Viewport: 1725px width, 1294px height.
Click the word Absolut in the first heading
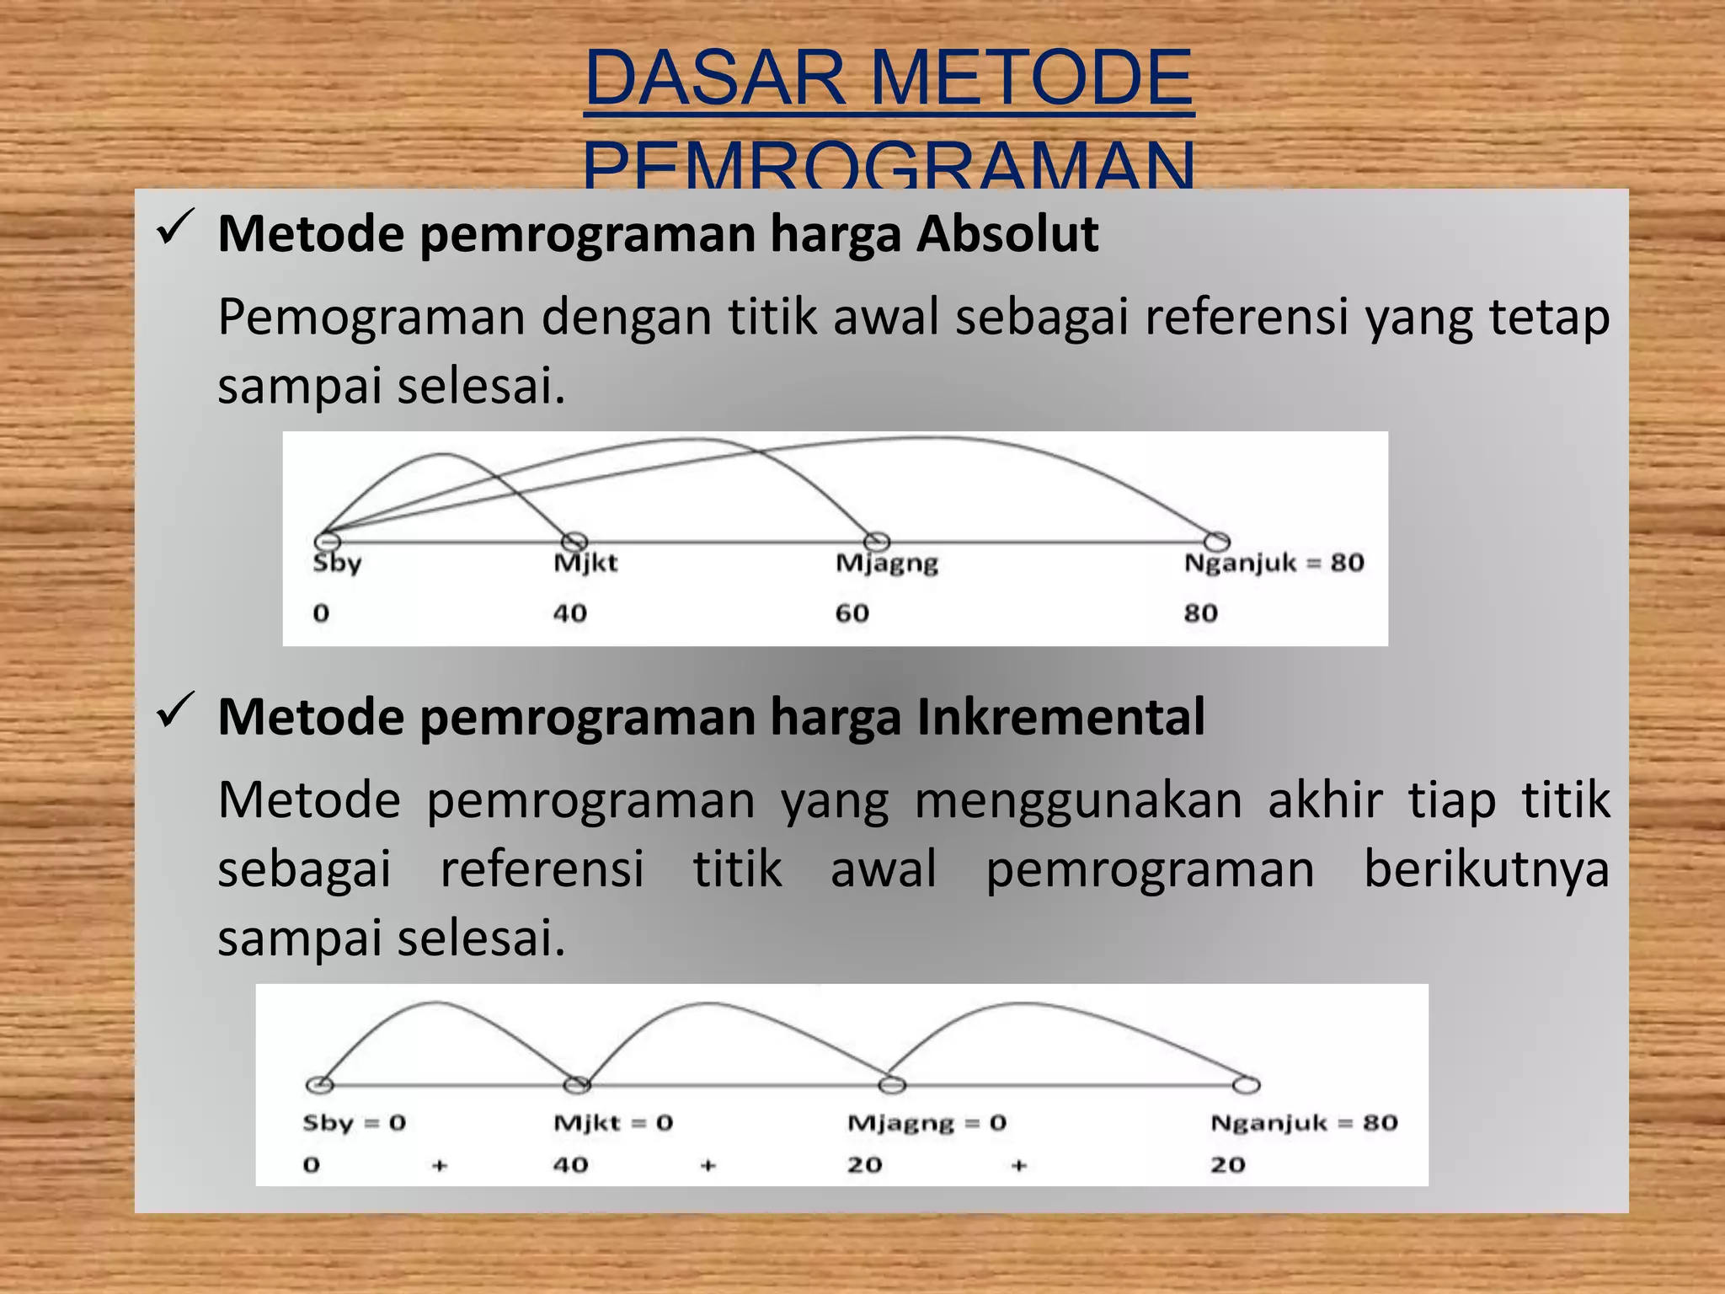pos(1007,233)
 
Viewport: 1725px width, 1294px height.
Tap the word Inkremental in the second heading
pos(1060,717)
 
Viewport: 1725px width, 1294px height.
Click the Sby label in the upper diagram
pos(337,563)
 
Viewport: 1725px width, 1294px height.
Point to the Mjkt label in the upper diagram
pos(585,563)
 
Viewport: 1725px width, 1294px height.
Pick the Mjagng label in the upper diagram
pos(887,564)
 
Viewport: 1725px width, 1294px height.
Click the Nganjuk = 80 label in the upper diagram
pos(1274,563)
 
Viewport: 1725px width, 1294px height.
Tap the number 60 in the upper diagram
pos(852,613)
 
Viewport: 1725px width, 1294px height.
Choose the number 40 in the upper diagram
pos(570,613)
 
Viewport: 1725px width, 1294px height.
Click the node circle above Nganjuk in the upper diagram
pos(1216,541)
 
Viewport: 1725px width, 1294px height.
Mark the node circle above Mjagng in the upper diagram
pos(877,541)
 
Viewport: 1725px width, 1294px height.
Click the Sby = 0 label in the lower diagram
pos(355,1123)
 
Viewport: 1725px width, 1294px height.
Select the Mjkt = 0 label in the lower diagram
pos(613,1123)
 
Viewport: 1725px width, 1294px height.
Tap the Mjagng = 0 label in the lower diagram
pos(927,1124)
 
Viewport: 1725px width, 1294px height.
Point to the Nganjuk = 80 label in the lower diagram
pos(1304,1123)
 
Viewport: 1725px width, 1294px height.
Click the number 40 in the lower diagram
pos(570,1165)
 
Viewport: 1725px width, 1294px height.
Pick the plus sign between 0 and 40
pos(440,1166)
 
